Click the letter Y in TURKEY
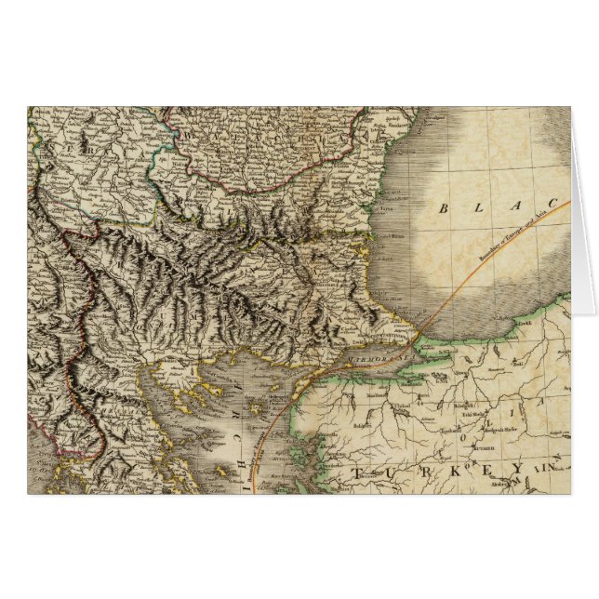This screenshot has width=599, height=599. (518, 470)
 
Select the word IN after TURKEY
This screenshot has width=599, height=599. (549, 468)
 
